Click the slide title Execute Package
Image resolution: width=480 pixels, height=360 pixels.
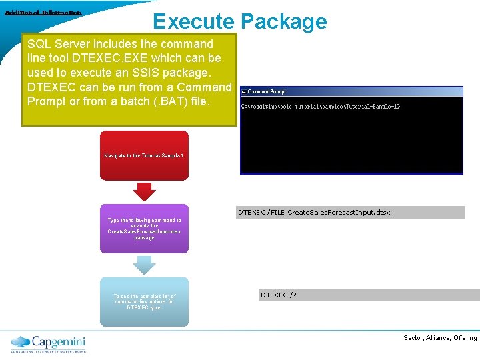tap(240, 21)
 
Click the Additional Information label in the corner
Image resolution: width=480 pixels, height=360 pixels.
tap(43, 13)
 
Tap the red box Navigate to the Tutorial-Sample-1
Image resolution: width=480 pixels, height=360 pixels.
tap(144, 155)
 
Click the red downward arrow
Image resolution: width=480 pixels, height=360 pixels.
tap(144, 191)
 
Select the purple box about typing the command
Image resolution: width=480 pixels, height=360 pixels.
tap(144, 228)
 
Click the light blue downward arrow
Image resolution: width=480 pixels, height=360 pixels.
tap(144, 265)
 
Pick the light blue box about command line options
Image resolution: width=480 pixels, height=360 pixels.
tap(144, 301)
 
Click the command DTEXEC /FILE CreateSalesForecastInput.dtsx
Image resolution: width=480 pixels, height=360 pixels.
tap(314, 213)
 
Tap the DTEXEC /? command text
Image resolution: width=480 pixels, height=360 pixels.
tap(279, 294)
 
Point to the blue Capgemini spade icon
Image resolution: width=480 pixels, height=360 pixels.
tap(21, 341)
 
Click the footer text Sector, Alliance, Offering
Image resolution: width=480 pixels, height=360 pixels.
tap(440, 338)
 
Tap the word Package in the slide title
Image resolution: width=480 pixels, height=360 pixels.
tap(284, 21)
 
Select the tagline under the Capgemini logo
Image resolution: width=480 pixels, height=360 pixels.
tap(48, 351)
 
